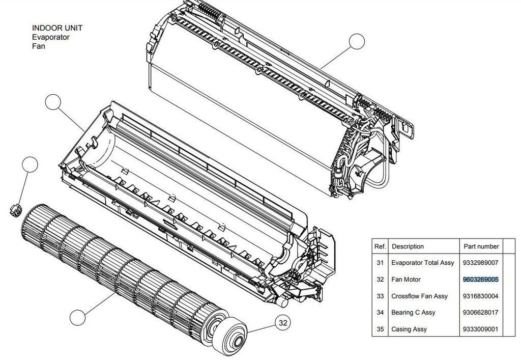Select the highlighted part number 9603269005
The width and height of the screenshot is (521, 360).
tap(480, 280)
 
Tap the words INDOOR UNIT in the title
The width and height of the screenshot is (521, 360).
tap(57, 28)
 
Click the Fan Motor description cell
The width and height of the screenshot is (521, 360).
tap(406, 280)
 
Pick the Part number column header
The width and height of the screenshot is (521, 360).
tap(481, 246)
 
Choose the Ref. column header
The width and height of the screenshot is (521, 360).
tap(380, 246)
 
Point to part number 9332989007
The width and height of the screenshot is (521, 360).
tap(480, 263)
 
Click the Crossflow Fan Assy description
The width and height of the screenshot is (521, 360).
tap(419, 296)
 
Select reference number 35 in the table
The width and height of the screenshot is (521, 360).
tap(380, 329)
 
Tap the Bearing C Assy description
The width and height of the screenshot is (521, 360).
tap(413, 313)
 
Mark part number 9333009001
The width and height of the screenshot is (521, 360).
tap(480, 329)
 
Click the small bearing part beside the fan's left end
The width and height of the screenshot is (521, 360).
tap(15, 208)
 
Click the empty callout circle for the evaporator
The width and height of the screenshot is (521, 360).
tap(357, 42)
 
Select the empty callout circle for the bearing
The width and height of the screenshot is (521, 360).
tap(30, 165)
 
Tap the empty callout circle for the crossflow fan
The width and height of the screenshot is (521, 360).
tap(77, 318)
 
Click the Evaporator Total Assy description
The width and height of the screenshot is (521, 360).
tap(422, 263)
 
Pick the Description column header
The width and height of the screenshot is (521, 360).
tap(408, 246)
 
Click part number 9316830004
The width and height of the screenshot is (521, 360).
tap(480, 296)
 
